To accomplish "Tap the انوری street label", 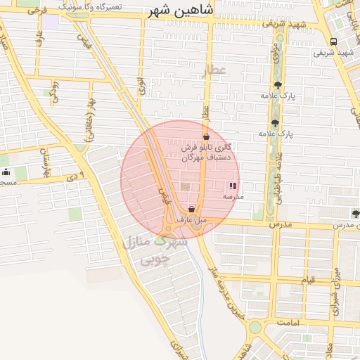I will point(141,86).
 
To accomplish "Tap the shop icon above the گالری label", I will point(205,137).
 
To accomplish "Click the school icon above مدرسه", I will point(233,186).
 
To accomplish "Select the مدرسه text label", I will point(233,197).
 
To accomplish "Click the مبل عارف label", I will point(191,219).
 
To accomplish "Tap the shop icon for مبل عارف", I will point(191,209).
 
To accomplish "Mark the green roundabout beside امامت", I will point(254,328).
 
